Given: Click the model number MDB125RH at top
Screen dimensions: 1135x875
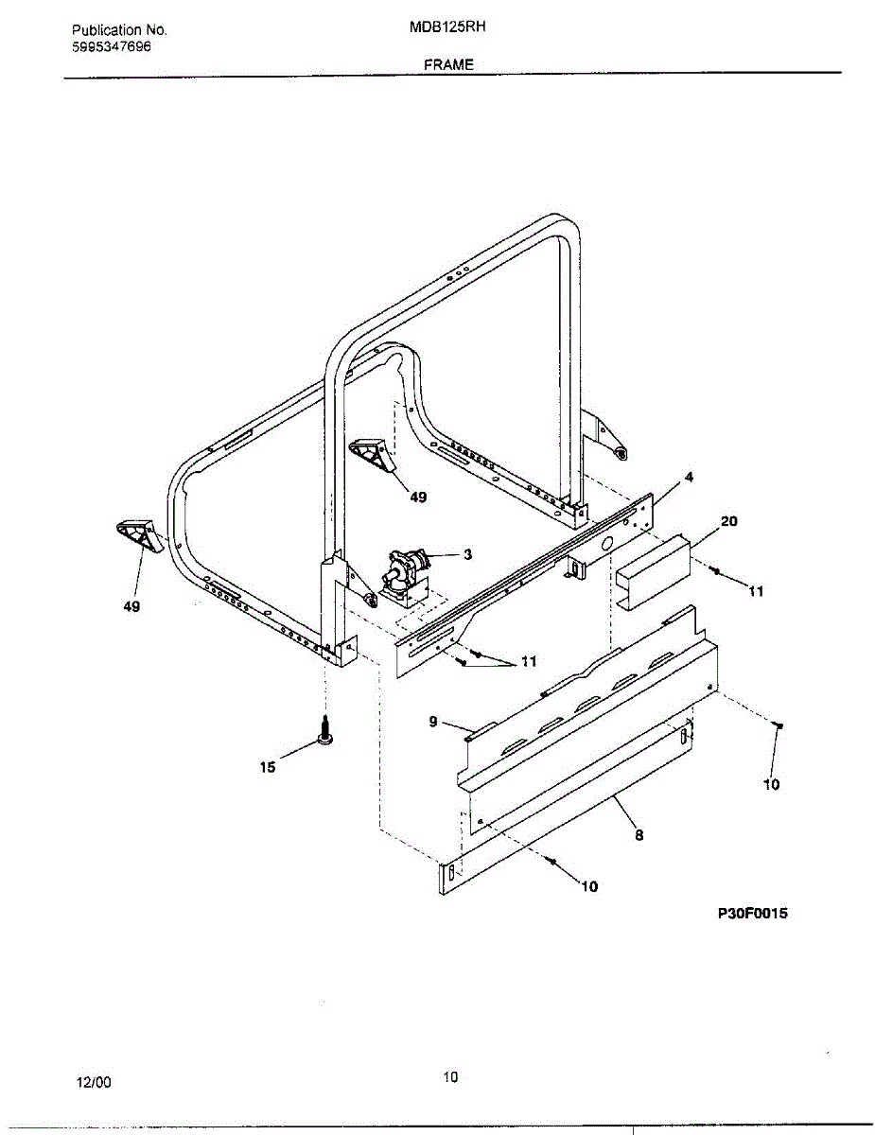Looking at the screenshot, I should tap(447, 27).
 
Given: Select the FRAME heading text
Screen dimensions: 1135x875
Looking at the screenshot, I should tap(448, 64).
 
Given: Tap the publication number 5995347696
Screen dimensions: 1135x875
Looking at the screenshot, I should tap(112, 46).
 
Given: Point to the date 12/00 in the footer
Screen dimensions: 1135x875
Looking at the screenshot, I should tap(94, 1082).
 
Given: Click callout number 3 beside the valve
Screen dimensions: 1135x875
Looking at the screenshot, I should tap(467, 554).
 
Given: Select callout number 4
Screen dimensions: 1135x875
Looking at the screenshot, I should tap(690, 478).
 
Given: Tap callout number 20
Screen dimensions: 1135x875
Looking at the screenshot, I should tap(728, 521).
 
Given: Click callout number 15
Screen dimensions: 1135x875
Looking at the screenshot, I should tap(268, 767).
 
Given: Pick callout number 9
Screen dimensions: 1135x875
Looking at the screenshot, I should tap(433, 722).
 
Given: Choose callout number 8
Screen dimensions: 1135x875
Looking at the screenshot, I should tap(639, 834).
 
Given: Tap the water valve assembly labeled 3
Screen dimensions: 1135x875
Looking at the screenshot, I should tap(405, 573).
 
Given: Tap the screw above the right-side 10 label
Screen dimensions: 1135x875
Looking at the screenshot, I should tap(776, 725).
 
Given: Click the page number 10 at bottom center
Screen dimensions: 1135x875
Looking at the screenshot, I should tap(450, 1075).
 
